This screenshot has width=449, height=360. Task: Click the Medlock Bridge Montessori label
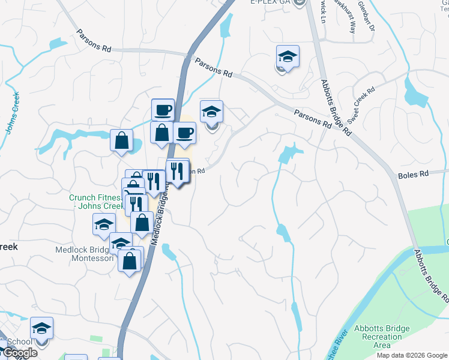(84, 254)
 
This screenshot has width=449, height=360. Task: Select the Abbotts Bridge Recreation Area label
(382, 337)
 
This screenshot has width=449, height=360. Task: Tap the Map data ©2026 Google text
(412, 355)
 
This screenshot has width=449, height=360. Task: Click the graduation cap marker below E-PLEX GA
(288, 57)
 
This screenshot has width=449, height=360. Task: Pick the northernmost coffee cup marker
(163, 110)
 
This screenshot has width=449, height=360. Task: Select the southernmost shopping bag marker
(130, 260)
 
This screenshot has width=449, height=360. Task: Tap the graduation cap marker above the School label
(41, 328)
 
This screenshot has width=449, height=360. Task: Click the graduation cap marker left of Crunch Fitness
(104, 224)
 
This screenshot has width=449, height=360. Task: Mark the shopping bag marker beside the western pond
(121, 140)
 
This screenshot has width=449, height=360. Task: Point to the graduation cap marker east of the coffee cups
(211, 112)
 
